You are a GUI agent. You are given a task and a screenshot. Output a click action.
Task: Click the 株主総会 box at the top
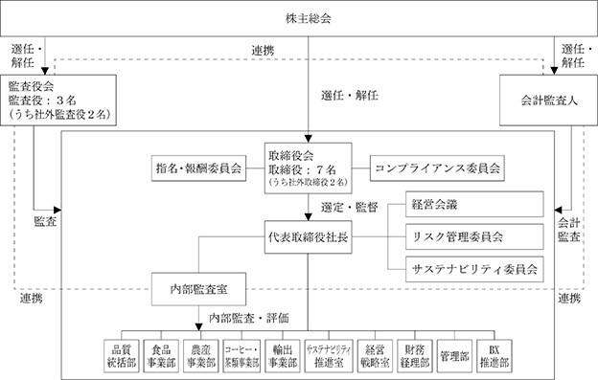(x=299, y=18)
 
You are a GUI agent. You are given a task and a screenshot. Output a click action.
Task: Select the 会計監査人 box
(x=548, y=101)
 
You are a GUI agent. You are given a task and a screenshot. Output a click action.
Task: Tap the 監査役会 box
(x=58, y=101)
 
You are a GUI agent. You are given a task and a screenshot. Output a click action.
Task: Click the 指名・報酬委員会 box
(x=198, y=168)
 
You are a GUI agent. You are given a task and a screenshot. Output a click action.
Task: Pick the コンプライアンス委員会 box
(x=437, y=168)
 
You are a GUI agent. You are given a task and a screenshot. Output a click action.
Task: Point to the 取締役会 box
(x=309, y=168)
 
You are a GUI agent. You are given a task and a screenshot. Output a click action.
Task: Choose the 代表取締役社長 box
(x=309, y=237)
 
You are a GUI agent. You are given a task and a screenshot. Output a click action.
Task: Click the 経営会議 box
(x=474, y=205)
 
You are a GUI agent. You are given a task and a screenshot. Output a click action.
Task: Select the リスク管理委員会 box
(x=474, y=236)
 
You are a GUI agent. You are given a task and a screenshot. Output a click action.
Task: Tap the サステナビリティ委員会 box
(x=474, y=269)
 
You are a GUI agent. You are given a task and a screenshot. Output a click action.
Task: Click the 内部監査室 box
(x=198, y=289)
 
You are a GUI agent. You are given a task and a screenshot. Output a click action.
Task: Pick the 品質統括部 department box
(x=122, y=356)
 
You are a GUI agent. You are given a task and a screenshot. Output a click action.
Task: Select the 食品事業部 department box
(x=161, y=356)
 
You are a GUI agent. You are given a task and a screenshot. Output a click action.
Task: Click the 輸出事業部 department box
(x=282, y=356)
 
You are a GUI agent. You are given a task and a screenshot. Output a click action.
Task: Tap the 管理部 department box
(x=454, y=356)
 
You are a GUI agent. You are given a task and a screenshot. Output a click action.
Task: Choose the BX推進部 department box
(x=494, y=356)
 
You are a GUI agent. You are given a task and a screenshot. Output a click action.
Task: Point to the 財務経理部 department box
(x=415, y=356)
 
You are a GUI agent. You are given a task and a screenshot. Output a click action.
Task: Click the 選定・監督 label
(x=350, y=208)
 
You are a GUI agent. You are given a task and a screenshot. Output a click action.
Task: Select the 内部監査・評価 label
(x=248, y=318)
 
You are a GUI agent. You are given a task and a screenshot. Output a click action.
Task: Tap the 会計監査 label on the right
(x=569, y=230)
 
